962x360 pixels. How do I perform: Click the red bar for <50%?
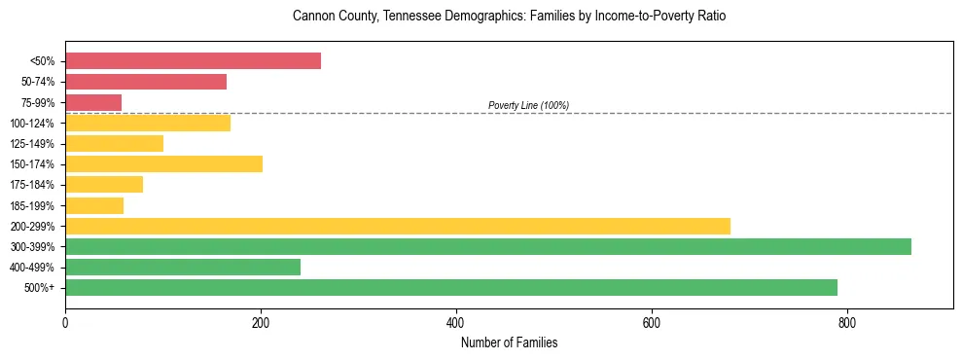[193, 61]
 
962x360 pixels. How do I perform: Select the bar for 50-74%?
[146, 82]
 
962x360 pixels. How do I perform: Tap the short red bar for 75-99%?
[93, 102]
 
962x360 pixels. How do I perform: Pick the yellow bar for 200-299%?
[397, 226]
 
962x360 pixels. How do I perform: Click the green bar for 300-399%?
[487, 246]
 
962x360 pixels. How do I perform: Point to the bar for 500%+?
[450, 287]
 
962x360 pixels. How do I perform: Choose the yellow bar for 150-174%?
[163, 163]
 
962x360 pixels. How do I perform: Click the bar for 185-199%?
[94, 205]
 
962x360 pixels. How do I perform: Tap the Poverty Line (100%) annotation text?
[528, 105]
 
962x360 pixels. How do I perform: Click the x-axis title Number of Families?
[509, 342]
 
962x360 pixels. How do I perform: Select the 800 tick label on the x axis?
[846, 322]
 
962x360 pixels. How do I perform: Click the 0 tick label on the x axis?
[65, 322]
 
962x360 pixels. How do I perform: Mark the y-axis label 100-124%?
[32, 124]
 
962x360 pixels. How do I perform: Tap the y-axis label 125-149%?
[32, 144]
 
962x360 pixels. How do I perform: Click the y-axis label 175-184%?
[32, 185]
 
